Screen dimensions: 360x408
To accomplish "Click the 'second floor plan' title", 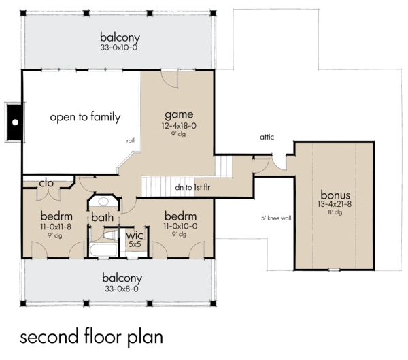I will [x=92, y=338].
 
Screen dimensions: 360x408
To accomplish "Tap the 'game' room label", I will [x=179, y=114].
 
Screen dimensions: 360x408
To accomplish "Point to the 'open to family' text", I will [x=85, y=117].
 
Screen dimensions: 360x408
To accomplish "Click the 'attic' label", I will [x=267, y=137].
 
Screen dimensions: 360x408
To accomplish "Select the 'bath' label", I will [x=103, y=217].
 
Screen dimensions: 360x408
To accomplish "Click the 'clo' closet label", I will [x=46, y=183].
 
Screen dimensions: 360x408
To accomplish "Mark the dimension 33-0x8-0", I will [x=122, y=289].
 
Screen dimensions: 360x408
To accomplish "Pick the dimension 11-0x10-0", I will [x=180, y=225].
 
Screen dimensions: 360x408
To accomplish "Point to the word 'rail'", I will [x=130, y=140].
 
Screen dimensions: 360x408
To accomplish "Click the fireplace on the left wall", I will [x=14, y=122].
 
